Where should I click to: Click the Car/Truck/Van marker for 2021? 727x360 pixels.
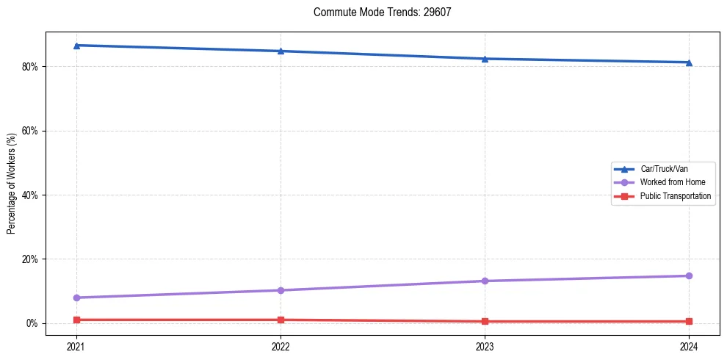(x=76, y=46)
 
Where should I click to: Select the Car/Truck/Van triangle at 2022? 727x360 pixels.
(x=281, y=51)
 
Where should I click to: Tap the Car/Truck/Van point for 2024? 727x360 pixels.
(x=689, y=62)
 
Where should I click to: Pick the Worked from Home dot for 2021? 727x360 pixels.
(x=76, y=298)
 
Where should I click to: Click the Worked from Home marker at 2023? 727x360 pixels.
(x=485, y=281)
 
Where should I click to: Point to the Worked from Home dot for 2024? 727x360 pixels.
(x=689, y=276)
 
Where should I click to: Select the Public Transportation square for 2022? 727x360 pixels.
(x=281, y=320)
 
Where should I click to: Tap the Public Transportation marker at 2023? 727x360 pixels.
(x=485, y=321)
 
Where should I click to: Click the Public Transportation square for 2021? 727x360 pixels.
(x=76, y=320)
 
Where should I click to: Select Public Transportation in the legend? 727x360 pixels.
(x=676, y=196)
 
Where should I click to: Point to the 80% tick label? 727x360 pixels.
(x=30, y=66)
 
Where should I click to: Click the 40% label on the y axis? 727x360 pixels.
(x=30, y=195)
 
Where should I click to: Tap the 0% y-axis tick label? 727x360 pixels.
(x=32, y=323)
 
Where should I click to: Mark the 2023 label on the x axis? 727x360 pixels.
(x=485, y=346)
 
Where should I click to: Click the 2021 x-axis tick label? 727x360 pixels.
(x=76, y=346)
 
